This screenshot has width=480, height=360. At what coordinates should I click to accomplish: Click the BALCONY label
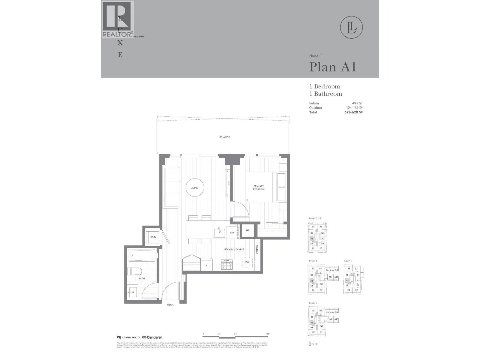pos(225,137)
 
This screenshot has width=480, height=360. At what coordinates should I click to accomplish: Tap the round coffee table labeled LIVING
pos(195,188)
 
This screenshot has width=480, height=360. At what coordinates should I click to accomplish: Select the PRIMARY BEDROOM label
pos(259,188)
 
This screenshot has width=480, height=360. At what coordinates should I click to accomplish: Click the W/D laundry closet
pos(153,237)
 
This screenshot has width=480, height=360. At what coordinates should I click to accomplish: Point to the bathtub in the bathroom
pos(142,256)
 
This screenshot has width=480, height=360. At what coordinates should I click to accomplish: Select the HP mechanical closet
pos(247,230)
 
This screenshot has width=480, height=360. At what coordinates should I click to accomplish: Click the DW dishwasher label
pos(232,233)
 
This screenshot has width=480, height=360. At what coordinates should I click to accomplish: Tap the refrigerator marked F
pos(206,265)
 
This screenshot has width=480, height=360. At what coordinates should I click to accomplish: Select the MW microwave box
pos(247,262)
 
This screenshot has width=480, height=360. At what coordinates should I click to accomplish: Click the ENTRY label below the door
pos(170,305)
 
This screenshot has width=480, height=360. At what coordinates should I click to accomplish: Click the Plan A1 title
pos(333,67)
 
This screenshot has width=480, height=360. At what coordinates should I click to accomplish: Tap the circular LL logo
pos(352,28)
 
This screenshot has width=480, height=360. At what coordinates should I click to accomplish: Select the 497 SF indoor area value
pos(357,103)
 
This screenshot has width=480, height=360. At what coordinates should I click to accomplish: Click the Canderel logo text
pos(154,337)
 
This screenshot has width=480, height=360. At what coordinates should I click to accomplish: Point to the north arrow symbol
pos(312,344)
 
